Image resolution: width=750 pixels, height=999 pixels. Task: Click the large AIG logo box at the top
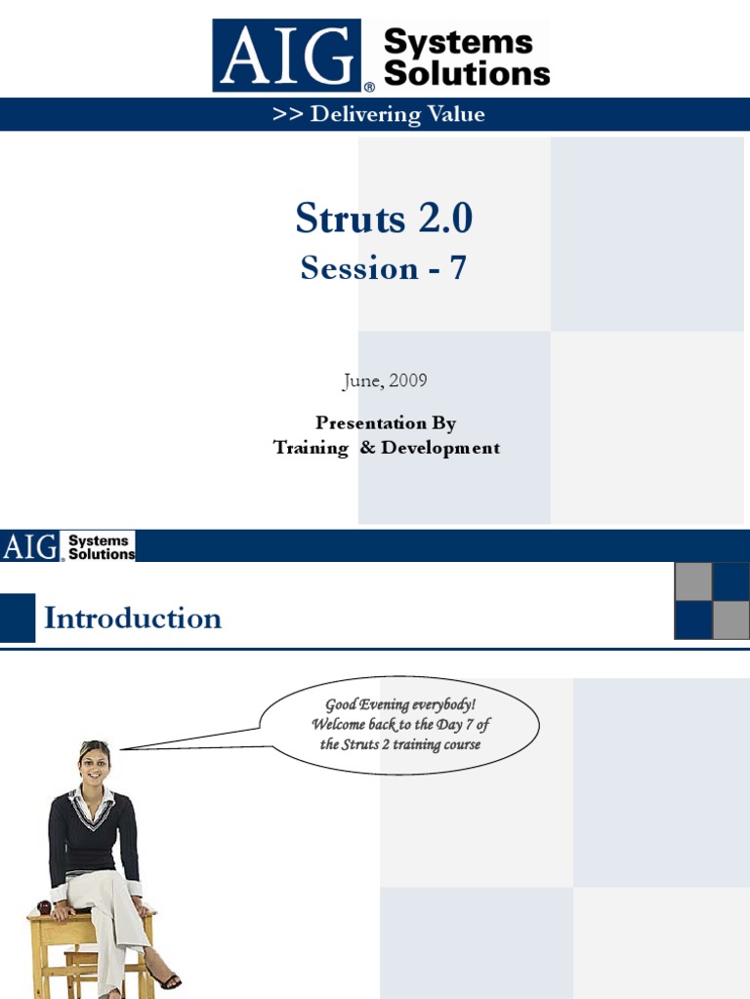click(x=289, y=56)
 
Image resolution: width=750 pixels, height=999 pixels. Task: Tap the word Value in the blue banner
click(x=456, y=114)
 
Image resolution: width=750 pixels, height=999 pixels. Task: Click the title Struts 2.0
click(x=384, y=219)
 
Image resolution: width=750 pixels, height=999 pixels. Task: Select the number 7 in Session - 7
click(x=457, y=267)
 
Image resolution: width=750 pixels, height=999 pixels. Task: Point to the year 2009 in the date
click(x=408, y=380)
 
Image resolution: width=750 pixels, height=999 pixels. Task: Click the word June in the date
click(x=360, y=380)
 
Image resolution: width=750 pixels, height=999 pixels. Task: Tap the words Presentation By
click(x=386, y=422)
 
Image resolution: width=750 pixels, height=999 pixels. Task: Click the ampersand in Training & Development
click(x=365, y=448)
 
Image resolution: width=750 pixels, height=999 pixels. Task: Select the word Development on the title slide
click(x=440, y=448)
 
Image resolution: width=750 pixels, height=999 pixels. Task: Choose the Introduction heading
click(x=133, y=618)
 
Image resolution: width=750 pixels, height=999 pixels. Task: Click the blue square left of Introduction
click(x=18, y=618)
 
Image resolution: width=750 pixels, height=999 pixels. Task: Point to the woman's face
click(x=94, y=764)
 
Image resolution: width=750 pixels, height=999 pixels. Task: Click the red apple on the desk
click(x=44, y=906)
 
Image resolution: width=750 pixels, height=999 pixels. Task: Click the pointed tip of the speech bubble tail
click(x=121, y=749)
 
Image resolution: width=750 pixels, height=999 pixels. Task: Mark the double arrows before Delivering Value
click(x=287, y=114)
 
